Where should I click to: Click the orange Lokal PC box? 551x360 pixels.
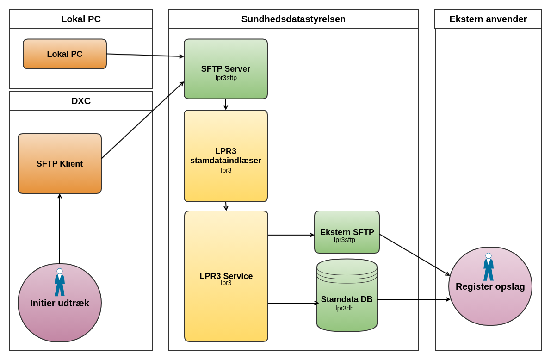(x=65, y=54)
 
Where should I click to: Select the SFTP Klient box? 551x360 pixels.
(x=60, y=164)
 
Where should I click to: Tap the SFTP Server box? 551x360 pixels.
(x=226, y=69)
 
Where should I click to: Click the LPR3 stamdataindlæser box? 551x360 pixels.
(x=226, y=156)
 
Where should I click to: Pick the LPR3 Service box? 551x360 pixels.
(x=226, y=276)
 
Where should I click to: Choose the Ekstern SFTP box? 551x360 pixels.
(x=347, y=232)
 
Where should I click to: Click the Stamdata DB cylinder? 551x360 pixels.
(x=347, y=299)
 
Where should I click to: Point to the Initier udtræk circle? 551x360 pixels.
(x=60, y=315)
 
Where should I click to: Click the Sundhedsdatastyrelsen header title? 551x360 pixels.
(x=293, y=19)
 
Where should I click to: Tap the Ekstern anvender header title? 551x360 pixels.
(x=488, y=19)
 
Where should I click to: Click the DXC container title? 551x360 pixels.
(x=81, y=101)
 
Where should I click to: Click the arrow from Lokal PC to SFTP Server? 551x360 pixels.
(x=145, y=55)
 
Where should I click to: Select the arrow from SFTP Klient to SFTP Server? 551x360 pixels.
(x=142, y=120)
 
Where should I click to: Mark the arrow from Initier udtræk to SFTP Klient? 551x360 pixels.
(x=60, y=229)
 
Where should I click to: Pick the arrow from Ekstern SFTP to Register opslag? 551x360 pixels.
(x=415, y=255)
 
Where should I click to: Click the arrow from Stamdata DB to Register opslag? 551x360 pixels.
(x=413, y=299)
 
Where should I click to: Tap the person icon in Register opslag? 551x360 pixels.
(x=489, y=267)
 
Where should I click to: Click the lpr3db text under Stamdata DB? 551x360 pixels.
(x=345, y=308)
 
